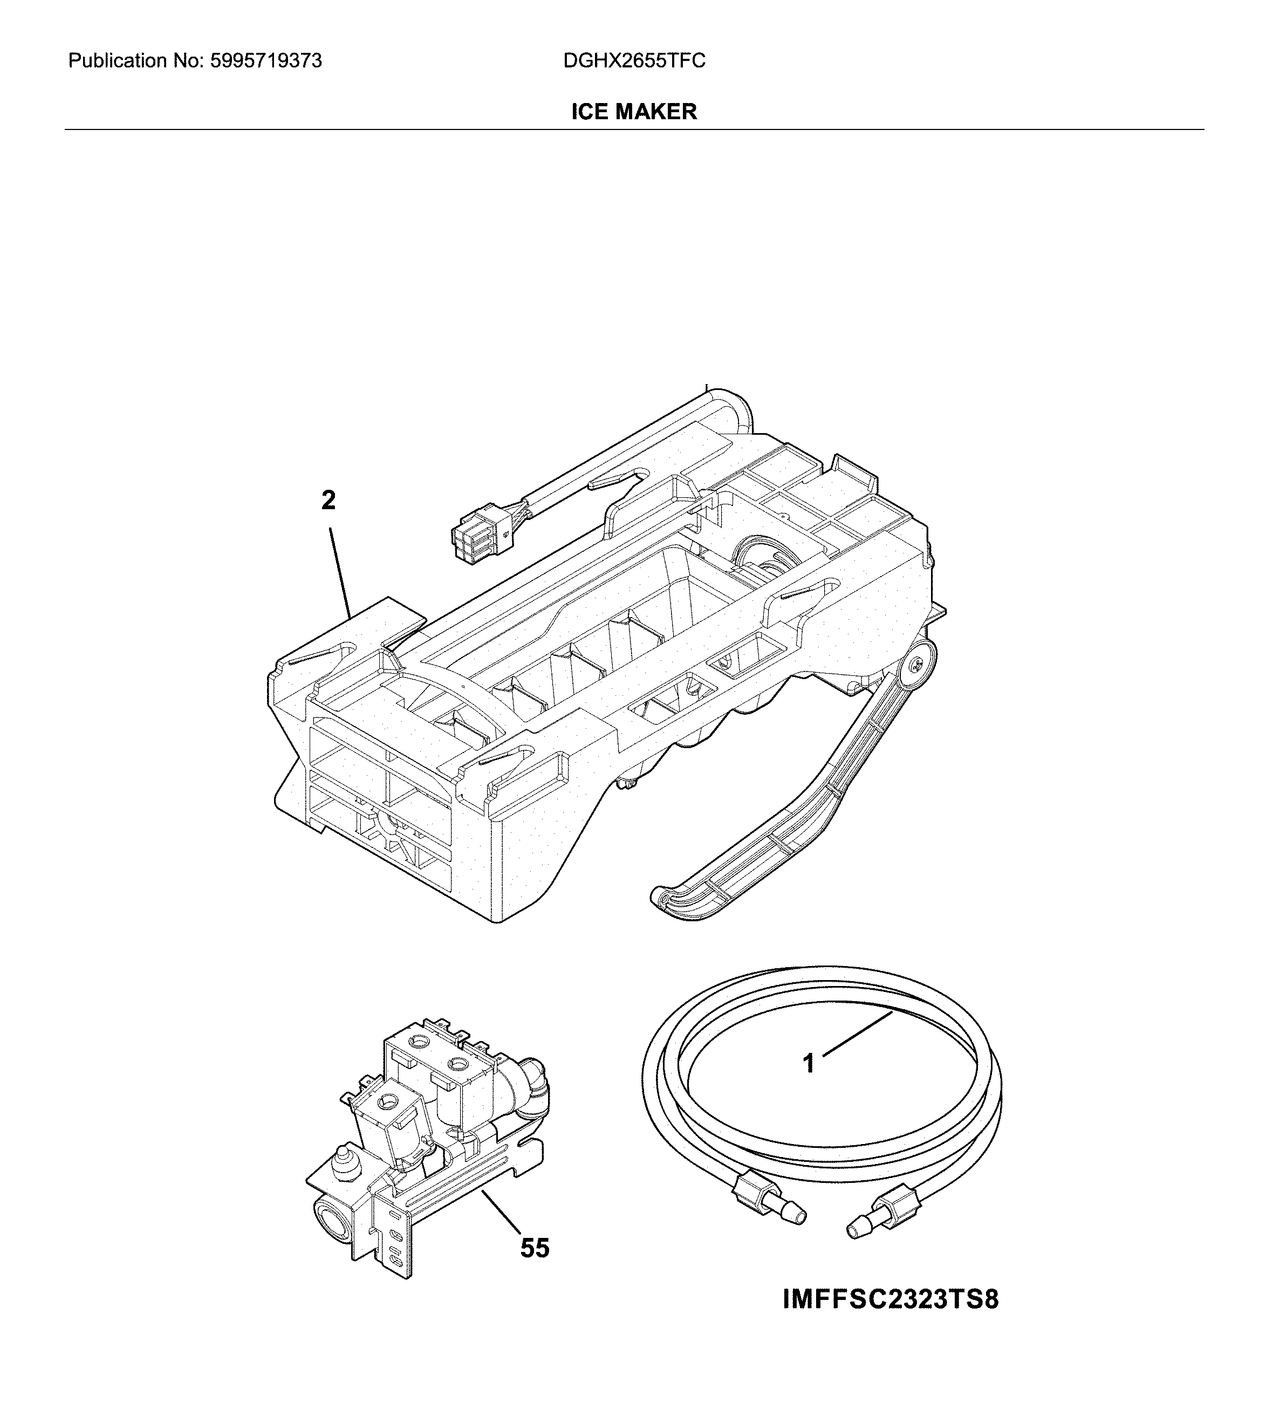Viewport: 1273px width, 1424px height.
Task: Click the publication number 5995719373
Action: tap(265, 61)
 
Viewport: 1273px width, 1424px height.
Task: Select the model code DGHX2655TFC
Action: tap(634, 61)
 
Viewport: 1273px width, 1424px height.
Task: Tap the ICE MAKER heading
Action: tap(634, 112)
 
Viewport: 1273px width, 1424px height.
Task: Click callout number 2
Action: tap(328, 501)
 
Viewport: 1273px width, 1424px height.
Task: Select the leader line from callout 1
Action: tap(858, 1033)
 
